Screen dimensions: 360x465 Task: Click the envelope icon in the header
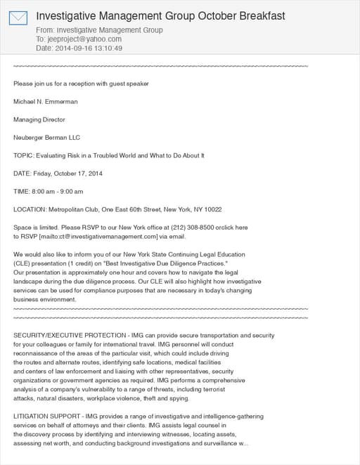(18, 18)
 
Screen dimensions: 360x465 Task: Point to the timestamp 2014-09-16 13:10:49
(89, 48)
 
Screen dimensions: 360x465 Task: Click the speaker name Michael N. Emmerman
(46, 102)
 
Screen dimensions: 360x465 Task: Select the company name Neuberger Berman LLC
(47, 138)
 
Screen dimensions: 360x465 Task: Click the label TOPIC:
(24, 155)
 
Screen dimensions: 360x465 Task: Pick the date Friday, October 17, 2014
(68, 173)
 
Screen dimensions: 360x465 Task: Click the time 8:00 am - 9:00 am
(58, 191)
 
